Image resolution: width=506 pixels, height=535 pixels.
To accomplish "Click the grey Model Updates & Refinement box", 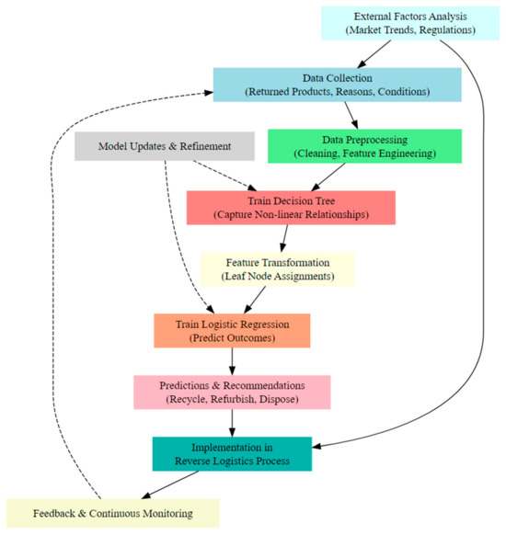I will [165, 146].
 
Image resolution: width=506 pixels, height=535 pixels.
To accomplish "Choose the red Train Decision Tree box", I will [291, 208].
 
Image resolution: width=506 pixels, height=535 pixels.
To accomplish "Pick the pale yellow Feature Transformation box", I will [278, 268].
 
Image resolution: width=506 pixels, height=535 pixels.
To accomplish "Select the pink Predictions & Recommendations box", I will [232, 392].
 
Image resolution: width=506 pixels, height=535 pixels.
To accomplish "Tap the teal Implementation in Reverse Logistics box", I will [232, 453].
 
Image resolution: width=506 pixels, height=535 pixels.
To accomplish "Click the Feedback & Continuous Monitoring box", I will [113, 512].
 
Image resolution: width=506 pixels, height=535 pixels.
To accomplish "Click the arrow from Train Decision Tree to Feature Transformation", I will [285, 238].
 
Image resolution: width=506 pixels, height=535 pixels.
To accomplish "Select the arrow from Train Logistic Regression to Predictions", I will [232, 361].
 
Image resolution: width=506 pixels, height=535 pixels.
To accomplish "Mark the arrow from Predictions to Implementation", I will [232, 422].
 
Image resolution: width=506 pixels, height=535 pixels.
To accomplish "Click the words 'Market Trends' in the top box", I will [380, 30].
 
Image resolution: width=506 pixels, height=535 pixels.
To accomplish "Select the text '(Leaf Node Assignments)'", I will [278, 276].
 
